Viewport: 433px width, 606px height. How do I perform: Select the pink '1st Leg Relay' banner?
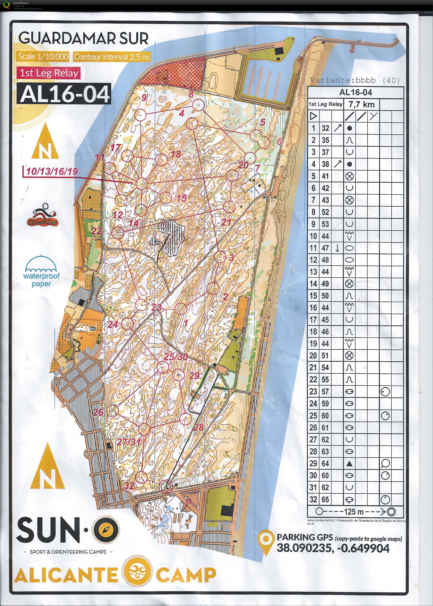(49, 73)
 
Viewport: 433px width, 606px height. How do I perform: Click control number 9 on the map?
(144, 98)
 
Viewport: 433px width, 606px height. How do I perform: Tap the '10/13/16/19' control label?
(52, 171)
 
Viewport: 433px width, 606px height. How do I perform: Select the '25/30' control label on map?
(176, 357)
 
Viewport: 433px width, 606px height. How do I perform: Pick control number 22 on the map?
(97, 231)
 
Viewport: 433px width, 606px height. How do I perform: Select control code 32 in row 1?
(325, 128)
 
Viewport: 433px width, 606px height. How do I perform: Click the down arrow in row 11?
(337, 248)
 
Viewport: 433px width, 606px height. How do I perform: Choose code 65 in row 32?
(325, 500)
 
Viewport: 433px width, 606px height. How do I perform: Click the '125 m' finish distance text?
(354, 512)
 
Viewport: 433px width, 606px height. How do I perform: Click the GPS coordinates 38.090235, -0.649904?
(333, 548)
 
